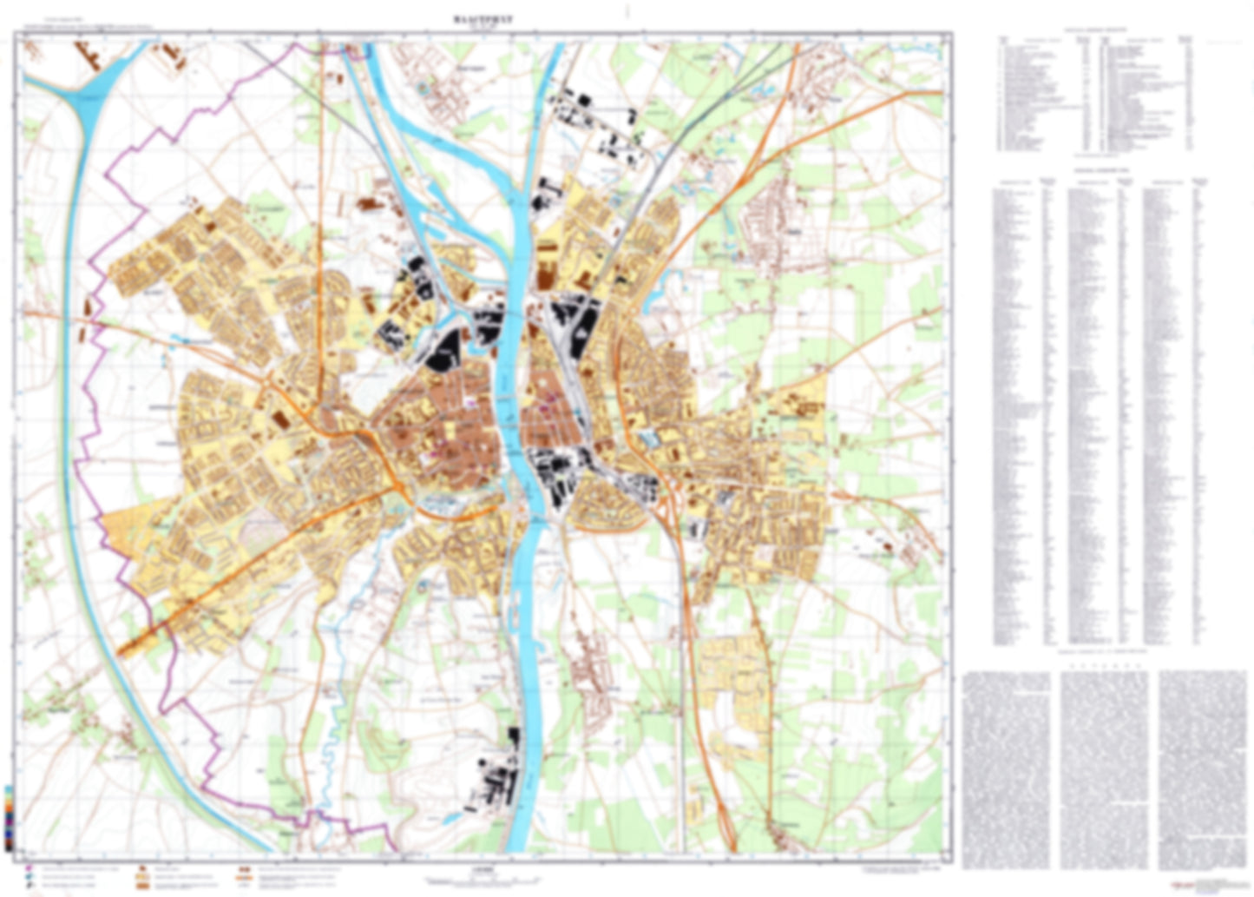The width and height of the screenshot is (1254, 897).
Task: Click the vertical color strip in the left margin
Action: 9,817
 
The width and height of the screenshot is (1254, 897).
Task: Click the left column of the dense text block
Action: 1006,768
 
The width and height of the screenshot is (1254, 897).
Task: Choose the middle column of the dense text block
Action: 1104,768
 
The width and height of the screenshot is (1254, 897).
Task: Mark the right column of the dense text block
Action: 1202,768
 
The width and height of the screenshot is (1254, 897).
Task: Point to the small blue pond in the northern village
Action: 423,88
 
